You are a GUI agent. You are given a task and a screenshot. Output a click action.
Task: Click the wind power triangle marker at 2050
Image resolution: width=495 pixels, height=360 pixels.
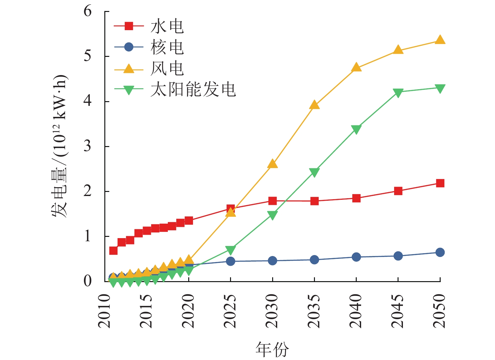tap(440, 40)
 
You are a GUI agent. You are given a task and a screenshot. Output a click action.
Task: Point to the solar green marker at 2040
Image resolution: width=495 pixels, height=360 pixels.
tap(356, 129)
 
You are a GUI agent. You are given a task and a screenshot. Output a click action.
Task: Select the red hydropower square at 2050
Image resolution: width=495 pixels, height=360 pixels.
tap(440, 183)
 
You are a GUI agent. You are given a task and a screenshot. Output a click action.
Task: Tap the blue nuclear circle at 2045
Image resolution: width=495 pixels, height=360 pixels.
tap(398, 256)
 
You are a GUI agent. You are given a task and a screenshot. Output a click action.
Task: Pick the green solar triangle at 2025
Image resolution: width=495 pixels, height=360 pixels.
tap(230, 250)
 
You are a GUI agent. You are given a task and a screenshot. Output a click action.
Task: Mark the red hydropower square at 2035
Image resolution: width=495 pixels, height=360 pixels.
tap(314, 201)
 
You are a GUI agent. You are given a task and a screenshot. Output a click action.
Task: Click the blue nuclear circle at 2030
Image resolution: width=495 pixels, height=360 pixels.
tap(272, 261)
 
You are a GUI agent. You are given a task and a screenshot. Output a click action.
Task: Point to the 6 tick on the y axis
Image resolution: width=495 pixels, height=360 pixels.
tap(88, 11)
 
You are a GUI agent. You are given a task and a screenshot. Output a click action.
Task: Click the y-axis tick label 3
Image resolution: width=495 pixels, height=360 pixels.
tap(88, 146)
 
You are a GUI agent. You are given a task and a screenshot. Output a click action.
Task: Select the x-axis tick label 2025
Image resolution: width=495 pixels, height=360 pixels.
tap(230, 311)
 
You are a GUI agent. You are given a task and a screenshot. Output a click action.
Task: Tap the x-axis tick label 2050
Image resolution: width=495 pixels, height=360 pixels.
tap(440, 311)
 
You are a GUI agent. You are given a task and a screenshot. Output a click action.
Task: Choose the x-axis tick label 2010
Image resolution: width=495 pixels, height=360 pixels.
tap(105, 311)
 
